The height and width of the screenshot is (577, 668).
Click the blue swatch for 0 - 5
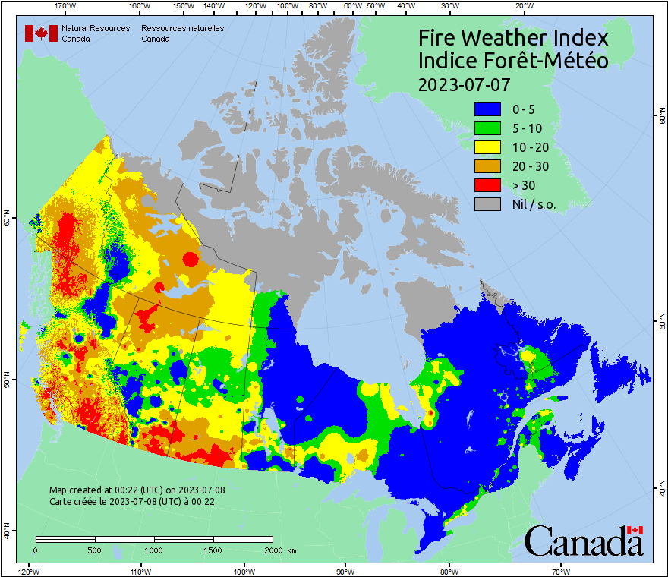[487, 109]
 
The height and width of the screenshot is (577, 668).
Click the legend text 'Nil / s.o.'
[534, 205]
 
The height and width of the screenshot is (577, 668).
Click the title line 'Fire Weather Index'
[513, 38]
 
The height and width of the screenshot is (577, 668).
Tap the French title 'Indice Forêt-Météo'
[513, 61]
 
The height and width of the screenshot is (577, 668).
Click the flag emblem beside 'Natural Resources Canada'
[41, 33]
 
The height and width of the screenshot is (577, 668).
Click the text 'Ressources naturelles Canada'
[182, 33]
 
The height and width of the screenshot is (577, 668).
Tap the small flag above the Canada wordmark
[635, 530]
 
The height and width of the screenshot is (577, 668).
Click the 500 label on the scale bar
[94, 550]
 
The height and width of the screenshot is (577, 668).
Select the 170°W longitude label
[66, 7]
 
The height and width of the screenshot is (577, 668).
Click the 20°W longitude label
[522, 7]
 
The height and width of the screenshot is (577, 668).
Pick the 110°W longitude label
[140, 571]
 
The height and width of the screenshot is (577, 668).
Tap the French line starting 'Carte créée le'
[132, 502]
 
